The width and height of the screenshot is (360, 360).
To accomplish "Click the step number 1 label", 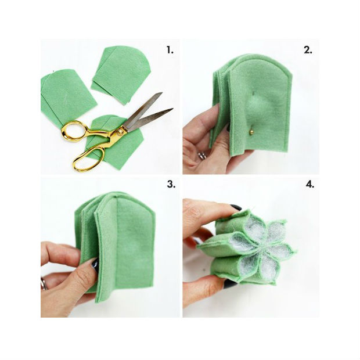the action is [170, 50].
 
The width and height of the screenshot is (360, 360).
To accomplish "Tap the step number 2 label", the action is [308, 50].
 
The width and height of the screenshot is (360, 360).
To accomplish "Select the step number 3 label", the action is [171, 184].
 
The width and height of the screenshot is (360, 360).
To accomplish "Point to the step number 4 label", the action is [309, 184].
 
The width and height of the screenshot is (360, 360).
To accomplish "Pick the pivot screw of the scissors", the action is [120, 132].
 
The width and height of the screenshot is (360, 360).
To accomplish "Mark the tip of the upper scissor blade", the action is [161, 93].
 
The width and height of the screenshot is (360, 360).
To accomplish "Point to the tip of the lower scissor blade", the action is [172, 109].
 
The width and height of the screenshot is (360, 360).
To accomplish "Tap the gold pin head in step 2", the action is [251, 132].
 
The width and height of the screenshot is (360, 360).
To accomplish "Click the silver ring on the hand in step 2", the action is [202, 156].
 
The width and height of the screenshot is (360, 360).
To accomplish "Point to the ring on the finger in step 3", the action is [44, 284].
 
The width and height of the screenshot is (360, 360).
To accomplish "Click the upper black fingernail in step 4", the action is [236, 207].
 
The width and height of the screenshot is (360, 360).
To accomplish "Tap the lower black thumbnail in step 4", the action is [230, 284].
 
